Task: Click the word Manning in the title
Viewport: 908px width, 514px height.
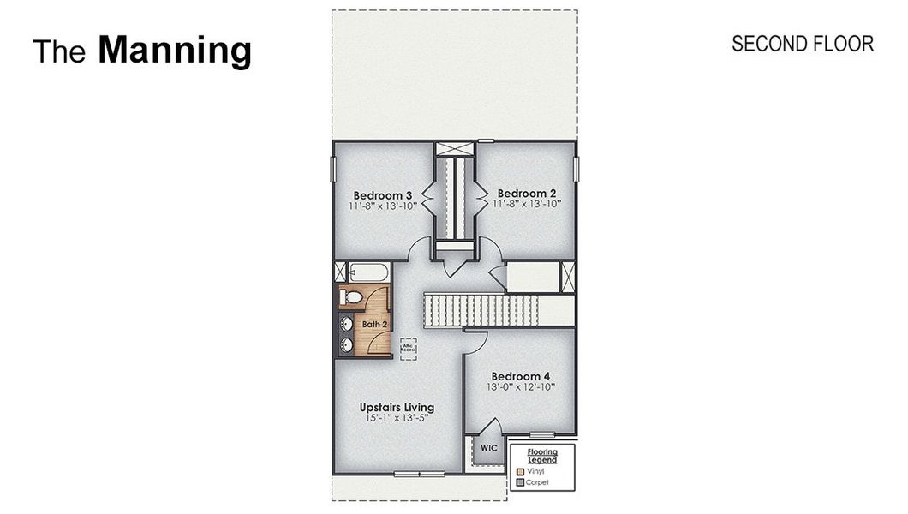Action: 175,51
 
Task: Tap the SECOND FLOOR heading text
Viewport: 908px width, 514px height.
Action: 802,44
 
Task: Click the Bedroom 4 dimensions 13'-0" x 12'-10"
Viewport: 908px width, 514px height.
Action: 523,387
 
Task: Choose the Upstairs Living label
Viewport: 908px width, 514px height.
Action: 397,407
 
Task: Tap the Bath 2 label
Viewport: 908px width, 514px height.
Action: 375,325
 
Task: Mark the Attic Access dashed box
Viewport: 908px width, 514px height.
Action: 409,347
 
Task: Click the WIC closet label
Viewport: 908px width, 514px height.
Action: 488,448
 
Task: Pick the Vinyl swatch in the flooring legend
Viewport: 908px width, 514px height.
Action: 520,472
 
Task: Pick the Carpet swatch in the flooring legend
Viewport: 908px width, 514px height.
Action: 520,482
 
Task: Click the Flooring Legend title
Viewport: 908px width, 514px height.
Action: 541,456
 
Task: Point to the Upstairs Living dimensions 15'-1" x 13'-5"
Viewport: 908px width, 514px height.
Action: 397,418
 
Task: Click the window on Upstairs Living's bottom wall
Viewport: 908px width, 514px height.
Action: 419,474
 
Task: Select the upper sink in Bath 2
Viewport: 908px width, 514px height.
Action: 348,324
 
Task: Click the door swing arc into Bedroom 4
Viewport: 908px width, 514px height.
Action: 477,341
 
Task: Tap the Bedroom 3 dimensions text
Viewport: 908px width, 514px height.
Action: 381,206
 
